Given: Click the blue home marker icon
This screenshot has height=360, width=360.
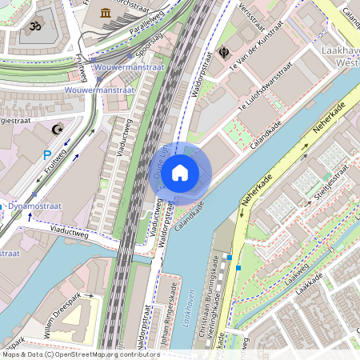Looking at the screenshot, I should [x=180, y=172].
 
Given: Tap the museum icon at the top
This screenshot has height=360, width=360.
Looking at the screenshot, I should [x=106, y=12].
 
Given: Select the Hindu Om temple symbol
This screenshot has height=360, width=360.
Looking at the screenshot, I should [x=34, y=26].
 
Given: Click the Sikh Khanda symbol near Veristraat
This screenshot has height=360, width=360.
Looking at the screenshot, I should [x=224, y=54].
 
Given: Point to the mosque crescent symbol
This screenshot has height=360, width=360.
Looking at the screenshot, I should [x=56, y=129].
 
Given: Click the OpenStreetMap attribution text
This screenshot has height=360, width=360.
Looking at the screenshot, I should [x=80, y=354].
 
